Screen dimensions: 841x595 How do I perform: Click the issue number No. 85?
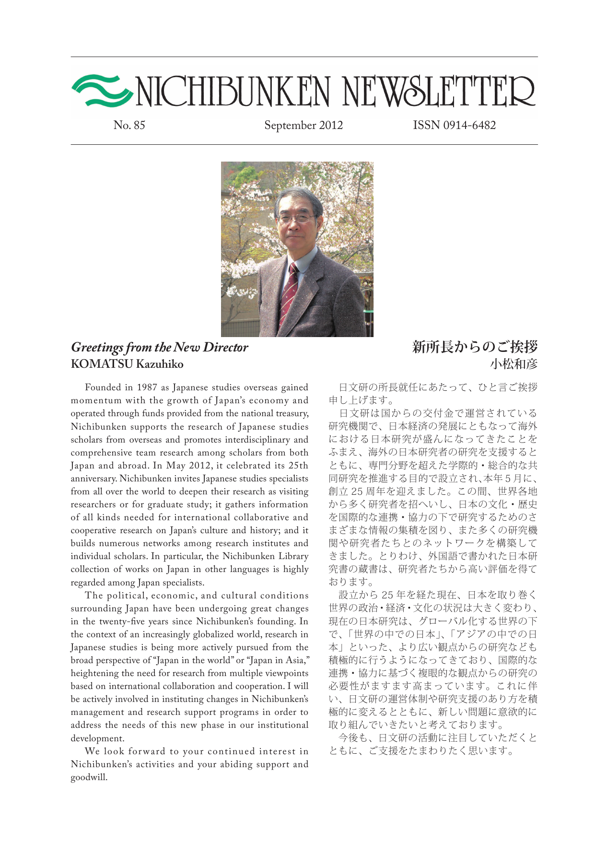point(129,125)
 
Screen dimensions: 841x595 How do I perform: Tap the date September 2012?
point(303,125)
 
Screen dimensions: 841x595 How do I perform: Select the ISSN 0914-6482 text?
point(454,125)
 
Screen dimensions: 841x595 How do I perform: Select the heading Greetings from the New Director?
point(160,347)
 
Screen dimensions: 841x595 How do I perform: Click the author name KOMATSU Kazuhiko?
point(127,364)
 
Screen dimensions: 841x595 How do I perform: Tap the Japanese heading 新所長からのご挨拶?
point(475,347)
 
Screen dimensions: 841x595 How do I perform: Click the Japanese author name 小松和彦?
point(513,364)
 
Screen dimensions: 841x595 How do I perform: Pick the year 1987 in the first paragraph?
point(147,387)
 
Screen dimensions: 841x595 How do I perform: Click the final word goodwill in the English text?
point(89,777)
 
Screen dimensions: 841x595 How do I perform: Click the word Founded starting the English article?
point(103,387)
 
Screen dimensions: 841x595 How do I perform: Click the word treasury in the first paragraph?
point(291,413)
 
